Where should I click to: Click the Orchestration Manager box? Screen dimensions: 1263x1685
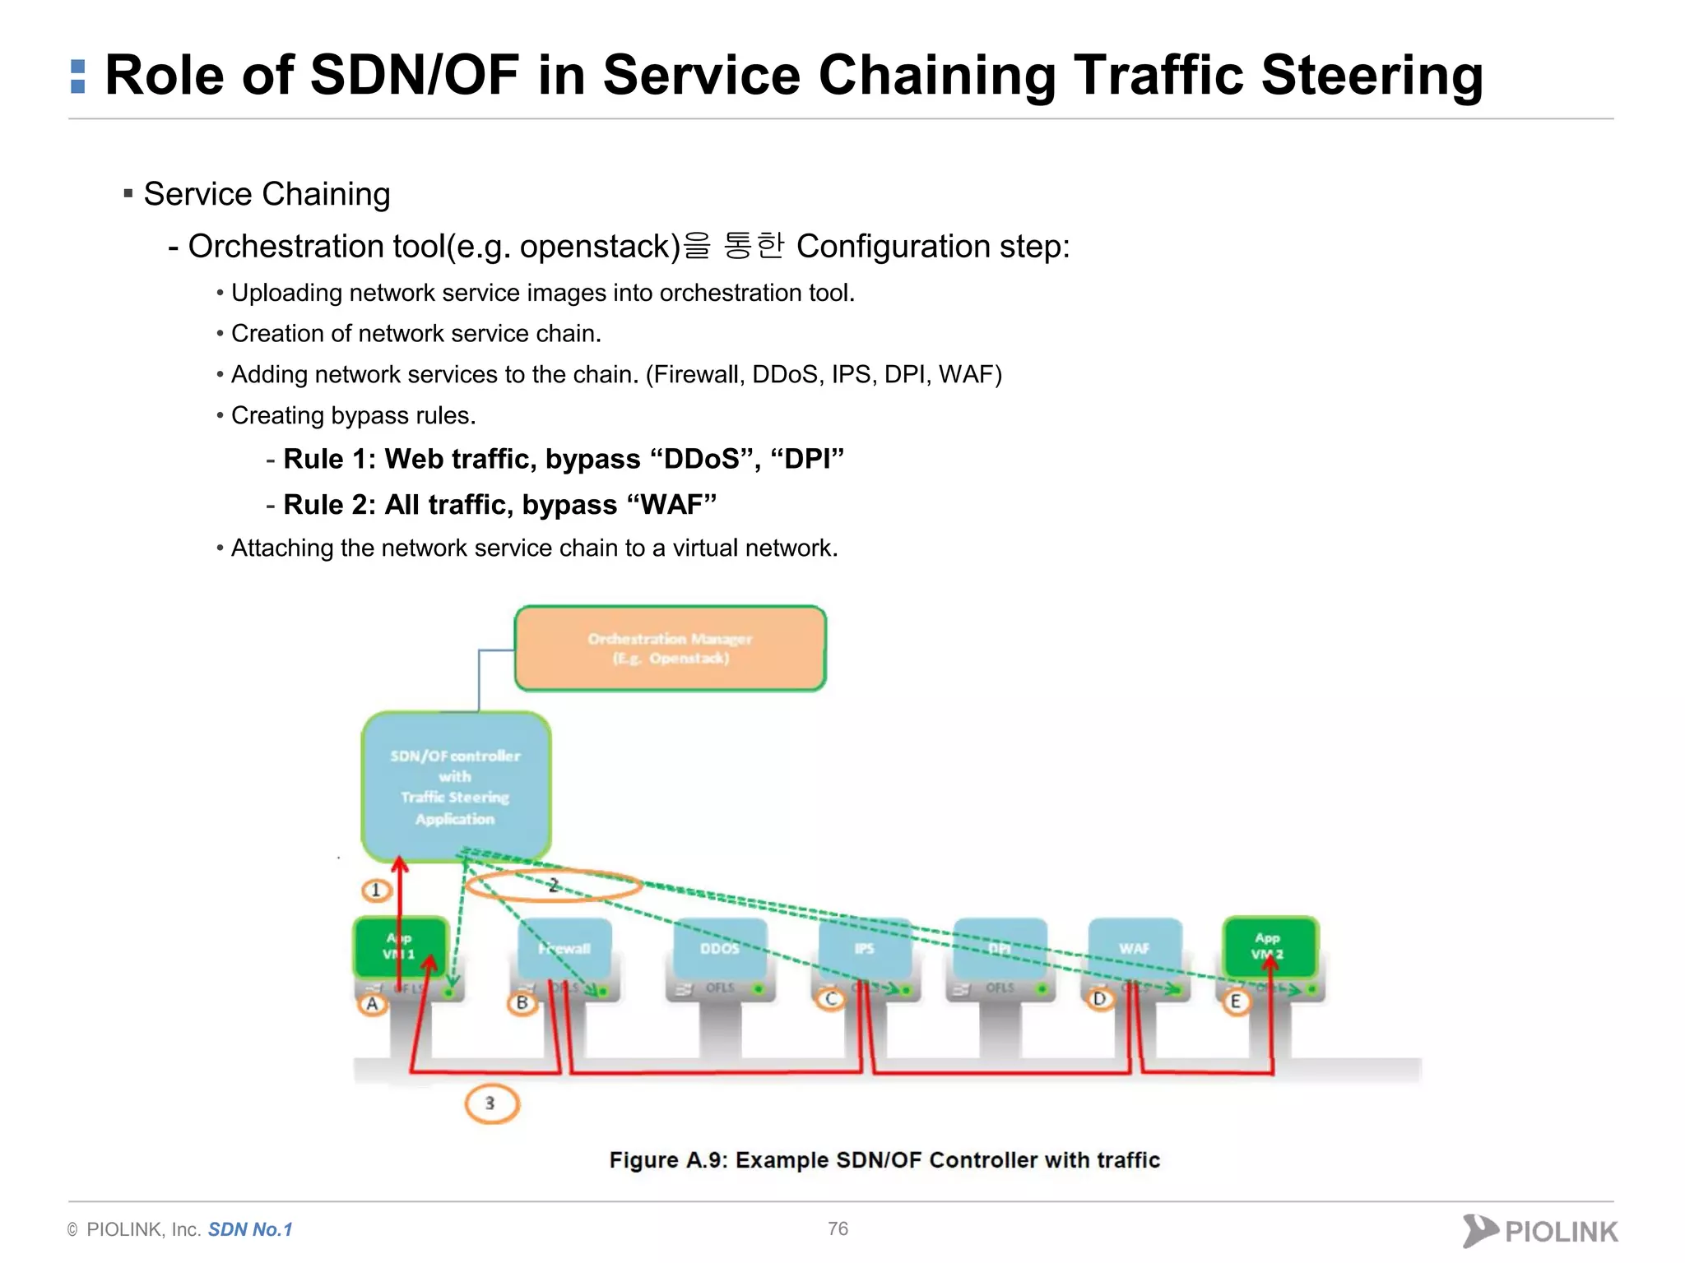pyautogui.click(x=670, y=648)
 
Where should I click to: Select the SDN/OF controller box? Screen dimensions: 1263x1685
pyautogui.click(x=456, y=786)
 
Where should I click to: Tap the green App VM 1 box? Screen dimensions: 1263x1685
pyautogui.click(x=401, y=947)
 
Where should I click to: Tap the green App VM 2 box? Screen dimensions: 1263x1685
pyautogui.click(x=1270, y=946)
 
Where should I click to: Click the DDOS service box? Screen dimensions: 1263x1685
pyautogui.click(x=720, y=949)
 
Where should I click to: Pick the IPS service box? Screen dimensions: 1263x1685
pyautogui.click(x=864, y=949)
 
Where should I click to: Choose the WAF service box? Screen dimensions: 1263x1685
pyautogui.click(x=1134, y=949)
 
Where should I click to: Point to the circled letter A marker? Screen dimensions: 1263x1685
pyautogui.click(x=373, y=1004)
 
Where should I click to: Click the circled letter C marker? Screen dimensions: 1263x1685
pyautogui.click(x=831, y=999)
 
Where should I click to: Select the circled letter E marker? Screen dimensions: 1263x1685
pyautogui.click(x=1235, y=1002)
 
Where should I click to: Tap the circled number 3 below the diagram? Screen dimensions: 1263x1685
pyautogui.click(x=491, y=1103)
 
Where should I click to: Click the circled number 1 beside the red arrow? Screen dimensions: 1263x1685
pyautogui.click(x=376, y=890)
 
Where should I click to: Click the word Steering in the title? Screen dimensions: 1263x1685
pyautogui.click(x=1372, y=76)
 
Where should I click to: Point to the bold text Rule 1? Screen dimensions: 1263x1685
pyautogui.click(x=329, y=459)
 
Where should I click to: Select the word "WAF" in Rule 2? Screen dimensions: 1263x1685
pyautogui.click(x=671, y=504)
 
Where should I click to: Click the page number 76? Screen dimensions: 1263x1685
pyautogui.click(x=838, y=1228)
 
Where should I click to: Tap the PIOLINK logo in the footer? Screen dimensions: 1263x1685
pyautogui.click(x=1540, y=1231)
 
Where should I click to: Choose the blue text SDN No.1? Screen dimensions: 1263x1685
pyautogui.click(x=250, y=1229)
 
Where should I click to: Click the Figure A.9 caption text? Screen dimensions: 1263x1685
pyautogui.click(x=884, y=1159)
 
